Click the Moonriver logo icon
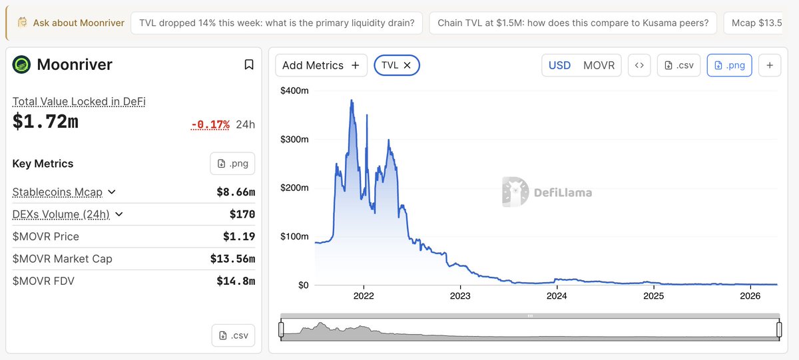[22, 65]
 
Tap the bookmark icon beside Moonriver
[248, 65]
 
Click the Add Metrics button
[320, 65]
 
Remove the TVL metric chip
[407, 65]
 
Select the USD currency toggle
[559, 65]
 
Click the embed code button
[639, 65]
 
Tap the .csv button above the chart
[678, 65]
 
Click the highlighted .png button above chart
[730, 65]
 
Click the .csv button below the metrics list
[233, 335]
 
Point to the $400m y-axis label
[295, 90]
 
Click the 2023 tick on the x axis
[460, 296]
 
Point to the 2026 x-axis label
[750, 296]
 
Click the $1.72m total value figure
[45, 122]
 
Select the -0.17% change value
[210, 124]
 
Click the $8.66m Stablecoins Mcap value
[236, 192]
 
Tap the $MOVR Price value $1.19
[239, 236]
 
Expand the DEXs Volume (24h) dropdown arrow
[119, 214]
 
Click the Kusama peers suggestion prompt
[573, 23]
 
